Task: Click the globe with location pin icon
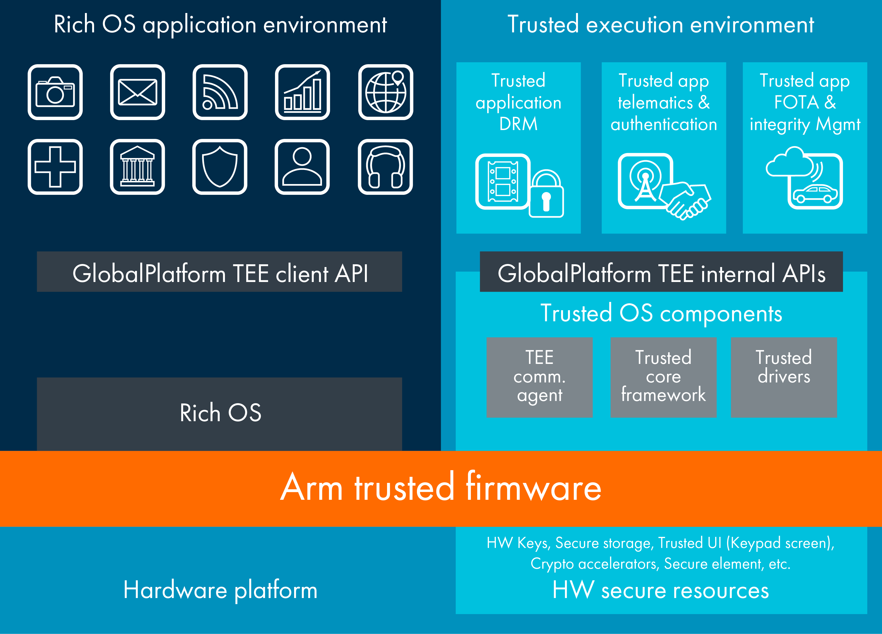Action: [x=385, y=92]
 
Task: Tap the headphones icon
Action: [x=385, y=167]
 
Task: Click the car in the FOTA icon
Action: [x=815, y=194]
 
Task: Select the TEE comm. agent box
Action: [x=539, y=377]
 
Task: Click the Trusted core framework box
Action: [x=663, y=377]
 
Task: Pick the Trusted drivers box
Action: [x=784, y=377]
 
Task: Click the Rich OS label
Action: [x=220, y=413]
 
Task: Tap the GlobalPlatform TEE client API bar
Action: [x=220, y=273]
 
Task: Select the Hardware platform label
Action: [x=220, y=590]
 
